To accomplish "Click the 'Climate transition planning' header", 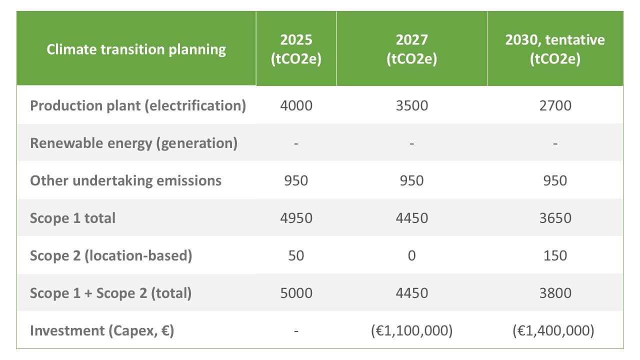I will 136,49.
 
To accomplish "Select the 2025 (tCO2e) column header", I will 296,49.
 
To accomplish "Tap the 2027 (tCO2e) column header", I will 411,49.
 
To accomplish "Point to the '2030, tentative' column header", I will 555,49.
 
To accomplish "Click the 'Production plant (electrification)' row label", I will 138,106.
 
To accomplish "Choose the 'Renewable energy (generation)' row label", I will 133,143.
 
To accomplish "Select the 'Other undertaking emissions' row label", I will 125,180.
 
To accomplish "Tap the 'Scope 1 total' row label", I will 73,218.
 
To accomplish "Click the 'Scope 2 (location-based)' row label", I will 111,255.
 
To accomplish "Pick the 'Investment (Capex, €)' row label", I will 102,330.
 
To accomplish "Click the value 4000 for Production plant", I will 296,106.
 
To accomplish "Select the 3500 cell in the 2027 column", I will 411,106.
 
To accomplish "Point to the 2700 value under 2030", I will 555,106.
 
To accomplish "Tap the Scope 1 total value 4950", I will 296,218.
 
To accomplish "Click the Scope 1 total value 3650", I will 555,218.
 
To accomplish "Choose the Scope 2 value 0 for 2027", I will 411,255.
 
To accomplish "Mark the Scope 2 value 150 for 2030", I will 555,255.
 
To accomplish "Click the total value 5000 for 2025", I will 296,293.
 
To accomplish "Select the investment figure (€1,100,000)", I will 411,330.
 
